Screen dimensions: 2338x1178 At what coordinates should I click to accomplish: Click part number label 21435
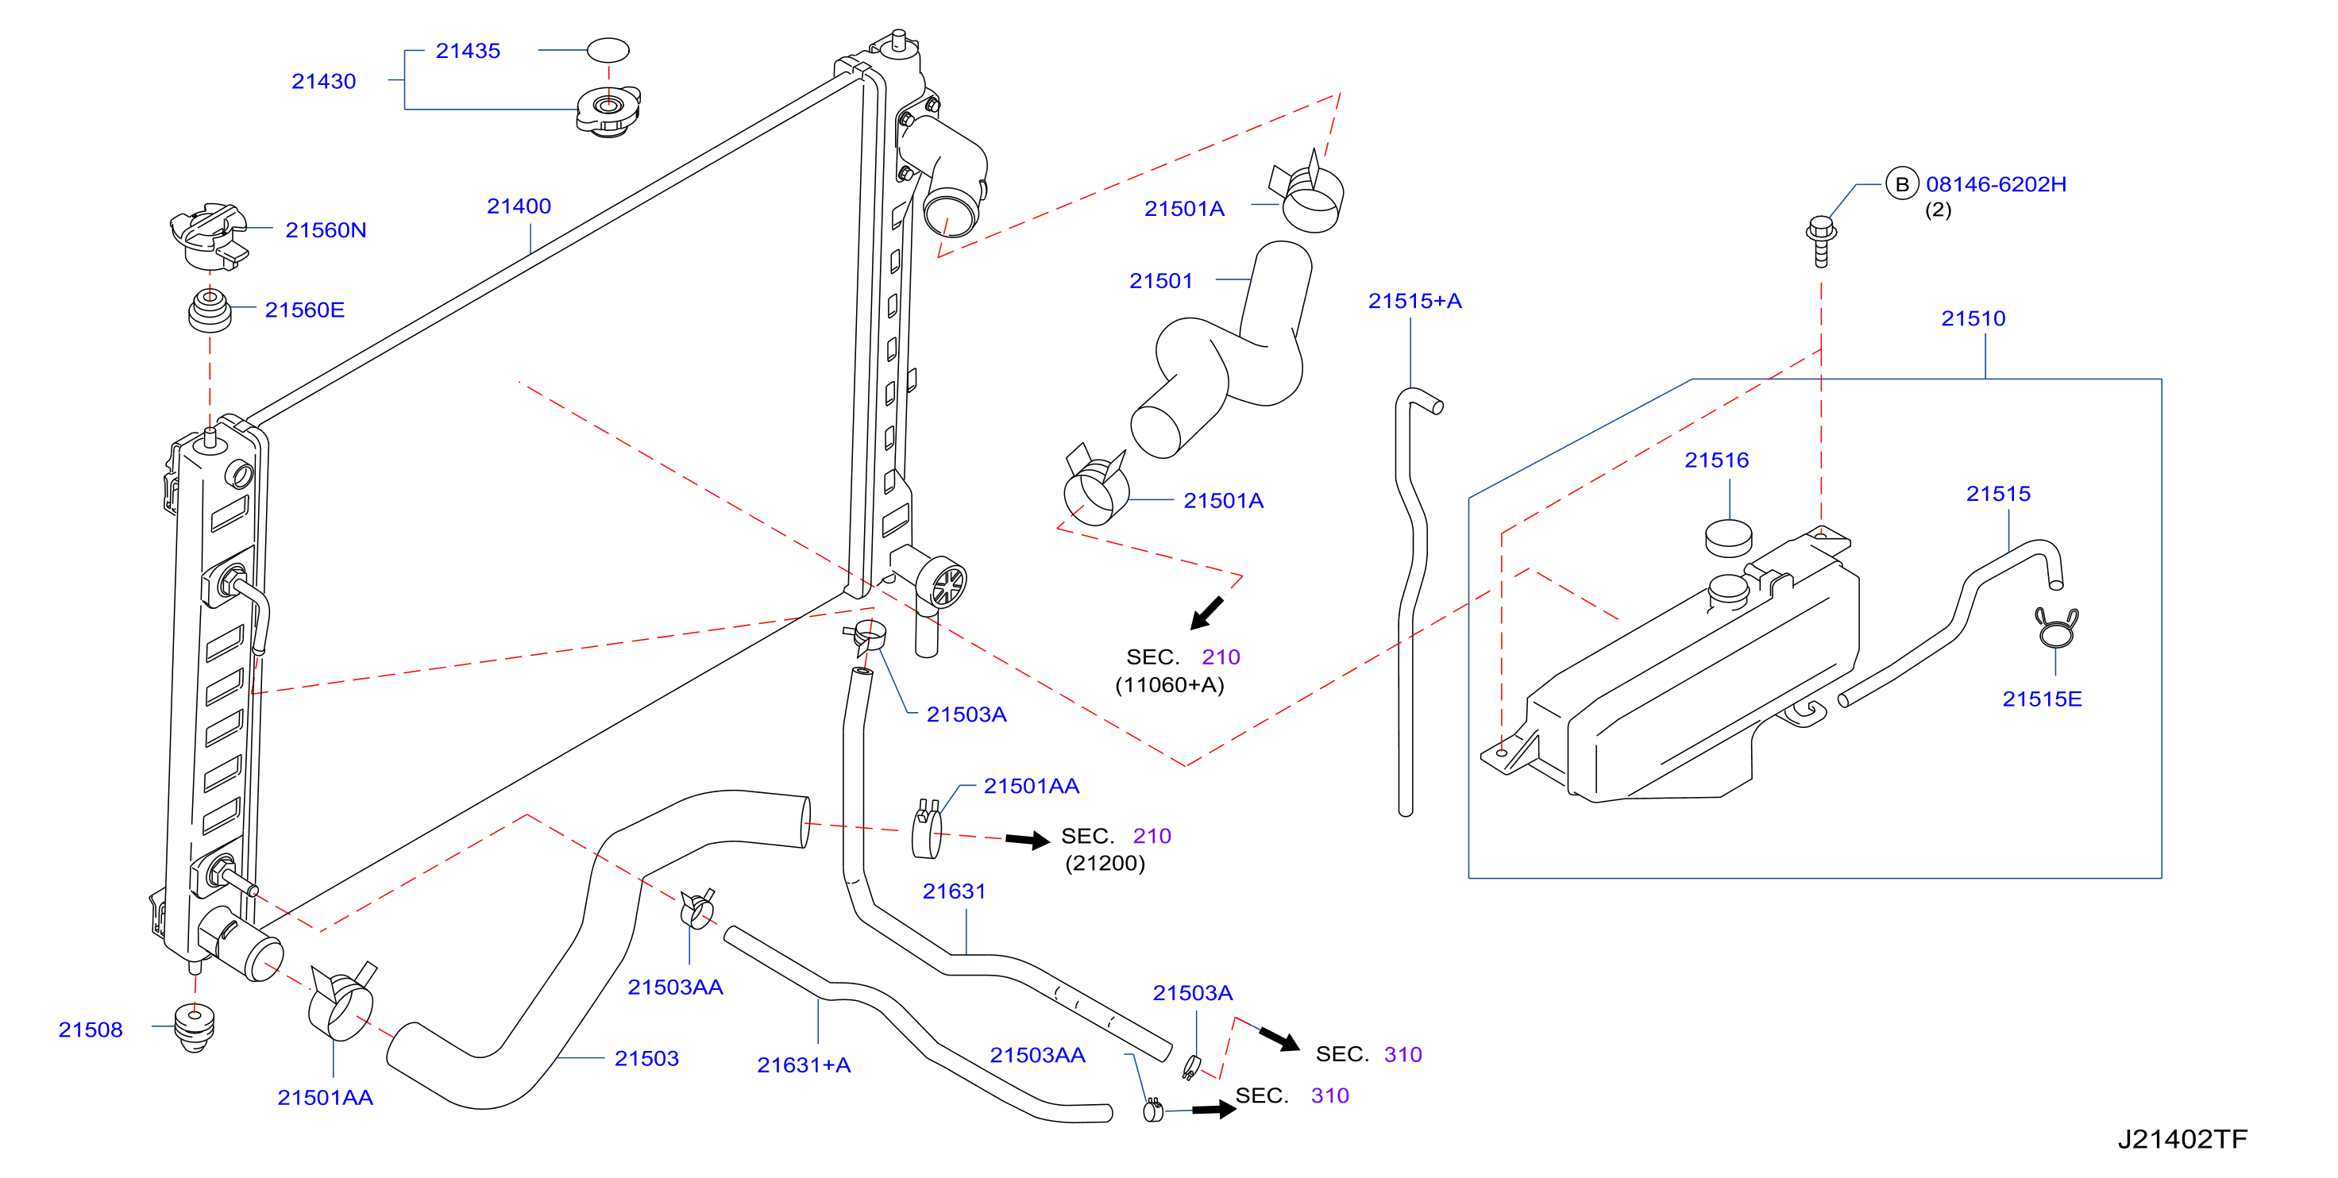pyautogui.click(x=468, y=51)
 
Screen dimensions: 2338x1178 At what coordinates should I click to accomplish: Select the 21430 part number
pyautogui.click(x=323, y=82)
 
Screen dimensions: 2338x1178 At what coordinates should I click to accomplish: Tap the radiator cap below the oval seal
pyautogui.click(x=608, y=110)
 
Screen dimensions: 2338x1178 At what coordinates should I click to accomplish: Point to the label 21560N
pyautogui.click(x=326, y=230)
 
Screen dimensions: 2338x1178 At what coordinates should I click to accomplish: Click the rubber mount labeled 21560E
pyautogui.click(x=210, y=310)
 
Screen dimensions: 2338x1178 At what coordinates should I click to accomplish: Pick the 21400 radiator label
pyautogui.click(x=519, y=207)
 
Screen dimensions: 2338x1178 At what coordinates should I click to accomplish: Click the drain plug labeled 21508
pyautogui.click(x=195, y=1027)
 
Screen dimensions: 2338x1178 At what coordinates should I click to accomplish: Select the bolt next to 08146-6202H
pyautogui.click(x=1821, y=241)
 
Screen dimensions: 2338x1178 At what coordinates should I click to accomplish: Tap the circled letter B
pyautogui.click(x=1901, y=184)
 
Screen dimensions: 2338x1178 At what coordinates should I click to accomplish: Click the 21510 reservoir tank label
pyautogui.click(x=1973, y=318)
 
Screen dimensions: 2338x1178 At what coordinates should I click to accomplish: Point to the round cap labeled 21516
pyautogui.click(x=1728, y=537)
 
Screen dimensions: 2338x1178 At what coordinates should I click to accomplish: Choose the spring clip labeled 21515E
pyautogui.click(x=2056, y=627)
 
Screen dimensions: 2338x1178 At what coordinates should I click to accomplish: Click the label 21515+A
pyautogui.click(x=1415, y=302)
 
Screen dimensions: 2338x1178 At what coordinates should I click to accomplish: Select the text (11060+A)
pyautogui.click(x=1170, y=685)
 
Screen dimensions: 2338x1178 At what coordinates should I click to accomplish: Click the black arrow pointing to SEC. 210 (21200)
pyautogui.click(x=1028, y=840)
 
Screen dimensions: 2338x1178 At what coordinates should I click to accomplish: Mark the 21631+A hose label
pyautogui.click(x=804, y=1065)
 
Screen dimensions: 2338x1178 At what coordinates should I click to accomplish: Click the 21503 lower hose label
pyautogui.click(x=646, y=1059)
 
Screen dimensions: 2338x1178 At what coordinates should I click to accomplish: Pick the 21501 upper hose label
pyautogui.click(x=1161, y=281)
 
